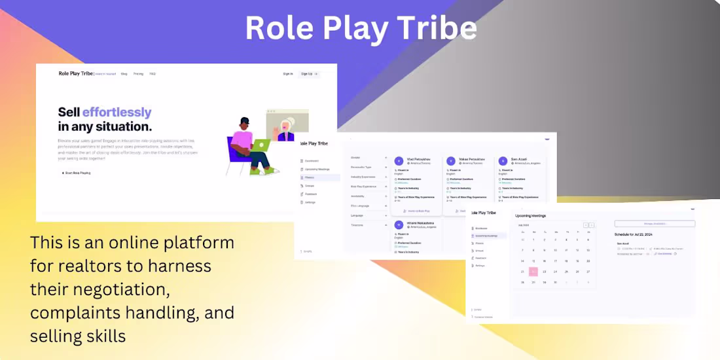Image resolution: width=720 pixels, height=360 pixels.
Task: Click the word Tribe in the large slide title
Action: [433, 28]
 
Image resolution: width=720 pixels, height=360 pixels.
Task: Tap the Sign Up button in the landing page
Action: [309, 74]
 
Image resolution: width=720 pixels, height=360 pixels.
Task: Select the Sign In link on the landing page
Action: [288, 74]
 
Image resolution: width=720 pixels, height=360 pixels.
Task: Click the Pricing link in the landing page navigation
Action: [138, 74]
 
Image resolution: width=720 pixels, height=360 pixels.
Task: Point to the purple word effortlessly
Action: [117, 112]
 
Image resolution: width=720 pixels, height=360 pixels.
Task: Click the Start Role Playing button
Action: [77, 173]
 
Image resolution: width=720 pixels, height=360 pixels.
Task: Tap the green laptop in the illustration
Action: [261, 145]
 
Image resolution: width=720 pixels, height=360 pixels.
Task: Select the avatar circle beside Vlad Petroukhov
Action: [399, 161]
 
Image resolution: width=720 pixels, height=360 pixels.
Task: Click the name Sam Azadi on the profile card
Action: [520, 160]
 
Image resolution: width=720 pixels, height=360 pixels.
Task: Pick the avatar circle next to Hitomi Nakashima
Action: [399, 225]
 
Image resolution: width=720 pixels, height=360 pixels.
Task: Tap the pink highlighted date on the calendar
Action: [533, 272]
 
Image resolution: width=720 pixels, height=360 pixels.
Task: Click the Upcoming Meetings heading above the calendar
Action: [531, 215]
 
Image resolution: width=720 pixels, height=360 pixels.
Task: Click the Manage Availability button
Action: [655, 224]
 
